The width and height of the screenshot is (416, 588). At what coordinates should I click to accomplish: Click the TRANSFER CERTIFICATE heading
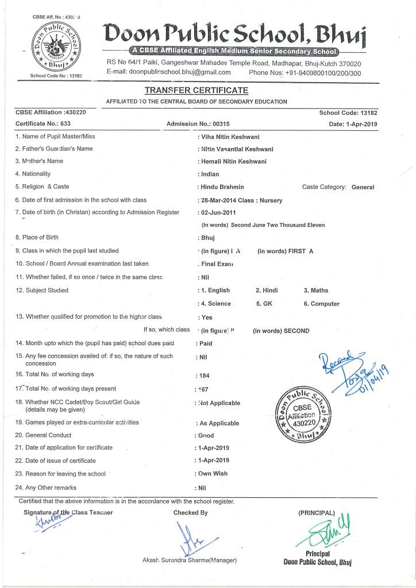coord(196,91)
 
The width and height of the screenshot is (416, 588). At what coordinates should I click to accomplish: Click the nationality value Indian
coord(209,174)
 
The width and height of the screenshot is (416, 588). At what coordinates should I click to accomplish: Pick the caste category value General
coord(362,187)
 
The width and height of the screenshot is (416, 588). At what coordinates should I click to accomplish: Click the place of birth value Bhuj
coord(207,237)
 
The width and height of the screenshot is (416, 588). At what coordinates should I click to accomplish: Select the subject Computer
coord(325,303)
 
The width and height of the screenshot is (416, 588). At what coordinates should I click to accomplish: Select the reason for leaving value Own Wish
coord(214,474)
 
